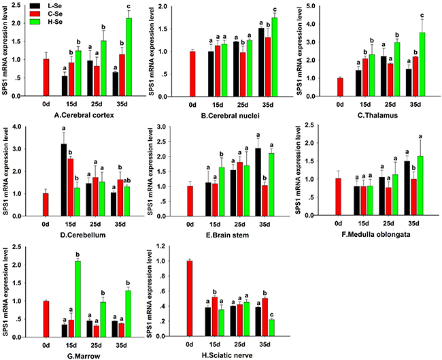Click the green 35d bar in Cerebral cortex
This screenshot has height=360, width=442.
(129, 57)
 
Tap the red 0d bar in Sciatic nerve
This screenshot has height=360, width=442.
(190, 299)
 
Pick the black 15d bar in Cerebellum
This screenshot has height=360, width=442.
(64, 180)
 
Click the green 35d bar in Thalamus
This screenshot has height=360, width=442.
(422, 65)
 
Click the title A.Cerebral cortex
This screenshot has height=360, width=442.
(84, 115)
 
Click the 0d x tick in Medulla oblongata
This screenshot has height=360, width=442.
(338, 224)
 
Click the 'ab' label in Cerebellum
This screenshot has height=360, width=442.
(127, 181)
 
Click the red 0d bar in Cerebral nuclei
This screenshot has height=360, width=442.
(192, 74)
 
